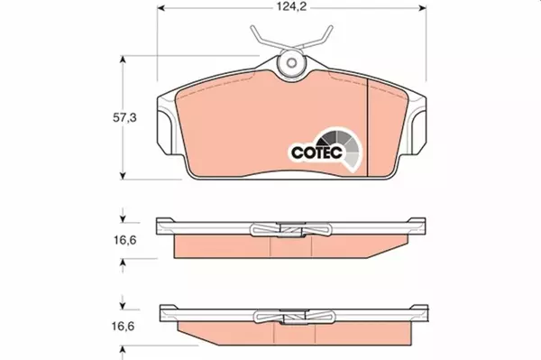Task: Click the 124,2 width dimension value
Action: (x=291, y=7)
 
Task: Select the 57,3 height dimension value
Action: (x=124, y=118)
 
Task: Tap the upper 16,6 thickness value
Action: (x=125, y=240)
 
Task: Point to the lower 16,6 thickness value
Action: (x=123, y=327)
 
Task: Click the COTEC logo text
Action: (x=316, y=152)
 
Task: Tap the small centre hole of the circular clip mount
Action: (x=292, y=63)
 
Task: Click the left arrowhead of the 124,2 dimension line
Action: (x=161, y=7)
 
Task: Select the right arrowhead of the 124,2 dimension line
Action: (x=422, y=7)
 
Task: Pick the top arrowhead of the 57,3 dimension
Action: (x=123, y=60)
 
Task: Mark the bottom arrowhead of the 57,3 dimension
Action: (x=123, y=175)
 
